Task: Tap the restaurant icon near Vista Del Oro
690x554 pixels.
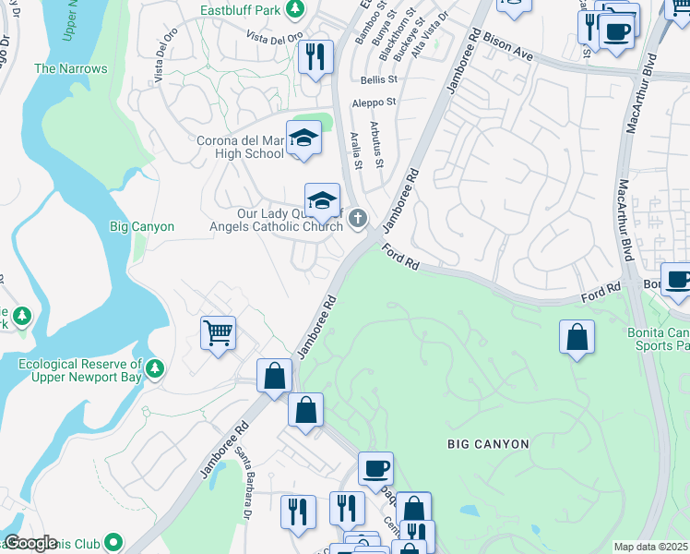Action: (315, 57)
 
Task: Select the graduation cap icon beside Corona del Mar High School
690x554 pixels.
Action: (303, 138)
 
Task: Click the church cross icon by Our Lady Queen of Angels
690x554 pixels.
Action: (358, 219)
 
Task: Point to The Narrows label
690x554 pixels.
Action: (70, 68)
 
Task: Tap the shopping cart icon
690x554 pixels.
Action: (219, 332)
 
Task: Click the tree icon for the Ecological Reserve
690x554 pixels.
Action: (155, 369)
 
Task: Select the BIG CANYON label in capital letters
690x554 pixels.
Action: (488, 444)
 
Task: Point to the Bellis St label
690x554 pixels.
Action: (378, 80)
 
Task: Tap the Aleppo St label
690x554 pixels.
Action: (377, 102)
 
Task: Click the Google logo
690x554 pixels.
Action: (30, 543)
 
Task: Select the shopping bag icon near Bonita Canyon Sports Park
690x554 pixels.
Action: (577, 337)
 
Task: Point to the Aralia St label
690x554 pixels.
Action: (356, 151)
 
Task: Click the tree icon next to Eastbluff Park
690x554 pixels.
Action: (295, 10)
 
